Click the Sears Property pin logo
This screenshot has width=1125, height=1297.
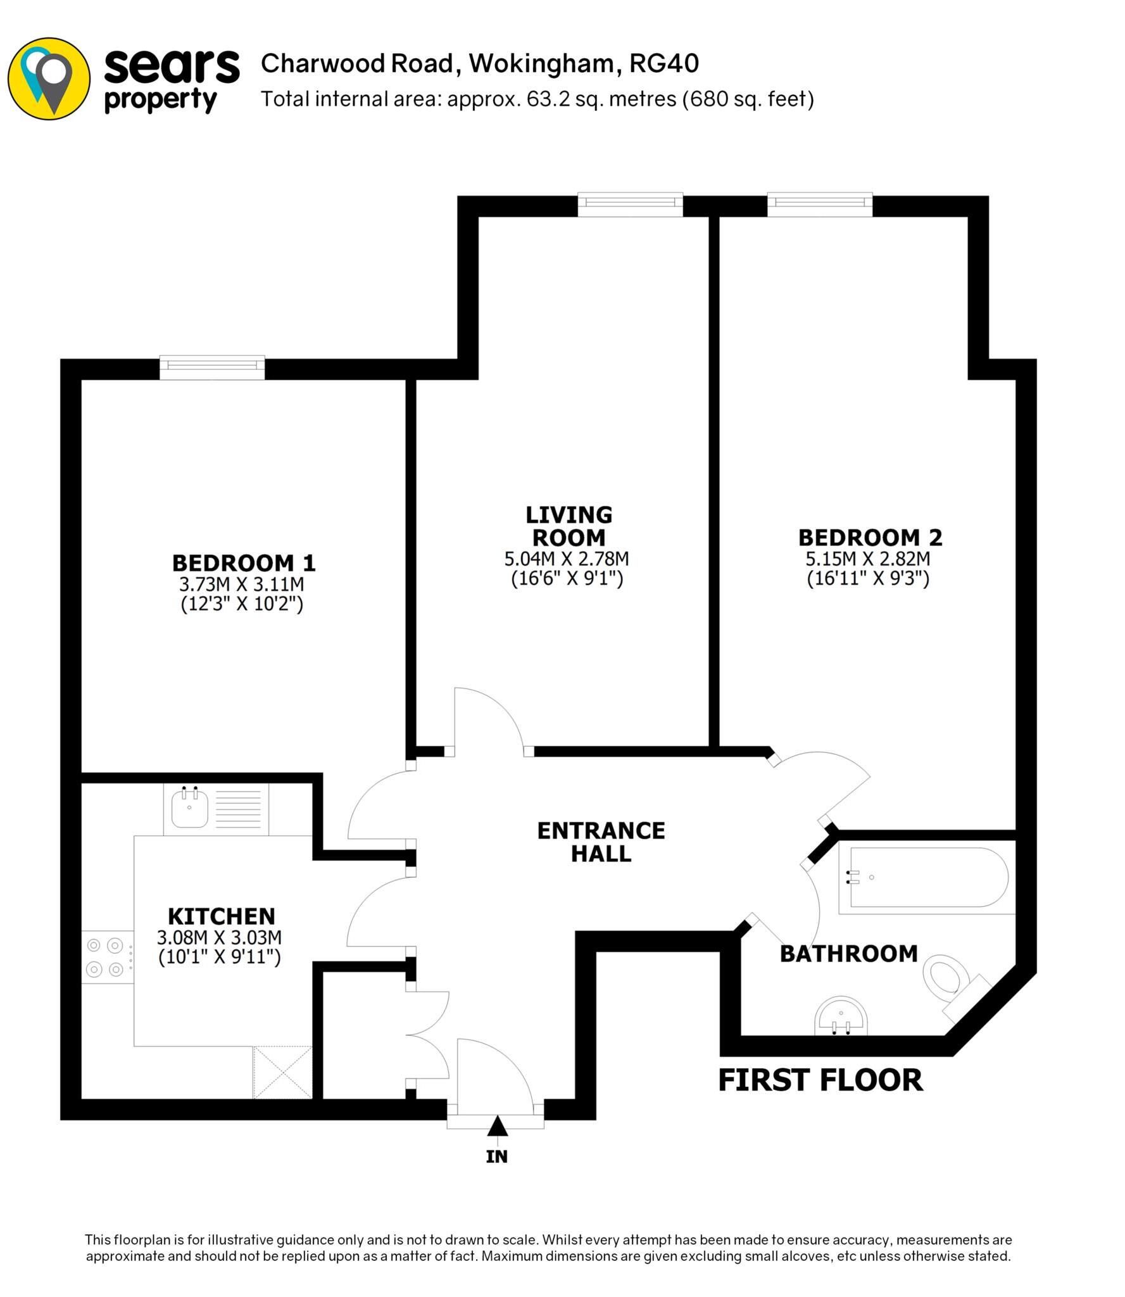pos(49,79)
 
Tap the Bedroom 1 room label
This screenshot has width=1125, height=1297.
pos(243,562)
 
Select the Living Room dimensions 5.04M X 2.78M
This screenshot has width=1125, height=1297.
pos(567,559)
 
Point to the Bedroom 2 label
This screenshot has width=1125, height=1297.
pos(870,538)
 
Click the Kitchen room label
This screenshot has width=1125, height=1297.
pos(221,916)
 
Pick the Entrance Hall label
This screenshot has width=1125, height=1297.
pos(601,842)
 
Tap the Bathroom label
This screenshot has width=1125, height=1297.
pos(848,953)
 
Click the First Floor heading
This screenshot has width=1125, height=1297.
pos(820,1080)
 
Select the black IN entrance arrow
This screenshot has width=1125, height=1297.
pos(498,1127)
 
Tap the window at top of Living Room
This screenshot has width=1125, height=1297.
pos(630,204)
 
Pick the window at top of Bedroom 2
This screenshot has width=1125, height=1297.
pos(820,204)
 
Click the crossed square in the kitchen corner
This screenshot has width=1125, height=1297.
pos(282,1073)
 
